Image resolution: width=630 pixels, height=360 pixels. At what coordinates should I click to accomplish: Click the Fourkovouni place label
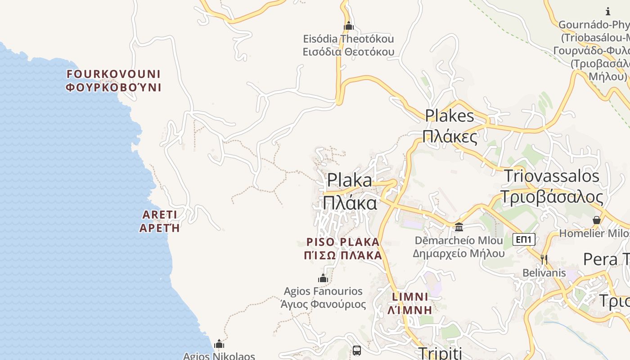[x=113, y=81]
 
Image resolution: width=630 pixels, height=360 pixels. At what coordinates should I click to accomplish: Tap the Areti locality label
[x=159, y=221]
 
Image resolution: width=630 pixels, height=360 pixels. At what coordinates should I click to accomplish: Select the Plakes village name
[x=450, y=126]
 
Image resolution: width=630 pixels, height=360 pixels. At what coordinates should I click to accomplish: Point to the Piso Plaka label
[x=343, y=248]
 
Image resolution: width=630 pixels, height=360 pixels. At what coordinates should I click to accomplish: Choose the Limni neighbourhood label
[x=410, y=303]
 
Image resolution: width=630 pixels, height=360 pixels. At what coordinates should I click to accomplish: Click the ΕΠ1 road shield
[x=524, y=239]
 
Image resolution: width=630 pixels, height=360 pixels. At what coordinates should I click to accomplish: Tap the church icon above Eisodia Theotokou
[x=349, y=26]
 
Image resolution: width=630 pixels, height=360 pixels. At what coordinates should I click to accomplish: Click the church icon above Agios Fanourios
[x=323, y=278]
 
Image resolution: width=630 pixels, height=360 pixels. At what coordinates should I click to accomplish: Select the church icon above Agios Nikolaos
[x=219, y=344]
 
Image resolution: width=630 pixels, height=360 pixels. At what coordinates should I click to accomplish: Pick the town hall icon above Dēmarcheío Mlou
[x=459, y=227]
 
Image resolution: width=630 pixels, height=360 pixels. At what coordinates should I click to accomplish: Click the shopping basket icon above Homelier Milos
[x=597, y=220]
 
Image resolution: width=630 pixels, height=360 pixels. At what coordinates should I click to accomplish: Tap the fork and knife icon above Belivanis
[x=544, y=259]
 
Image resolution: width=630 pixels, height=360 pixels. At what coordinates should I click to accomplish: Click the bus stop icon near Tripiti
[x=357, y=350]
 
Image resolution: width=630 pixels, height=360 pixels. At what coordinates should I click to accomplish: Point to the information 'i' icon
[x=608, y=11]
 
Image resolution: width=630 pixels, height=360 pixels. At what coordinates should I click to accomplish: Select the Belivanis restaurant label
[x=544, y=273]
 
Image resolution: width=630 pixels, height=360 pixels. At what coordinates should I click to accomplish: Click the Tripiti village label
[x=440, y=353]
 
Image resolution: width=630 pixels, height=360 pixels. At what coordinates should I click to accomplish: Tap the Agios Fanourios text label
[x=323, y=297]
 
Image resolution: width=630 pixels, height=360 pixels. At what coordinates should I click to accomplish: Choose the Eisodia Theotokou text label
[x=348, y=45]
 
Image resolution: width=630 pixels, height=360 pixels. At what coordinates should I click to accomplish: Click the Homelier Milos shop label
[x=594, y=233]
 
